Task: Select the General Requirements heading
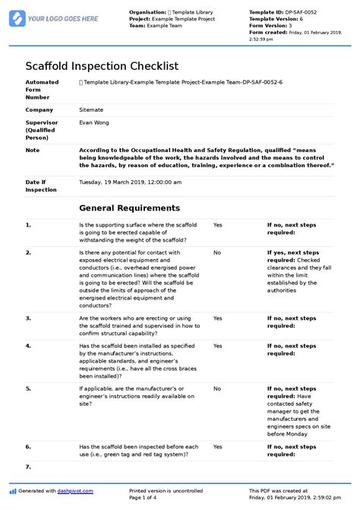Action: [x=129, y=207]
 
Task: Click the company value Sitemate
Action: [x=92, y=110]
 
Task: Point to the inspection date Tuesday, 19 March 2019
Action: [x=130, y=182]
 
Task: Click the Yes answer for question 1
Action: [x=217, y=226]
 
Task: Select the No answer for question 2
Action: [x=216, y=252]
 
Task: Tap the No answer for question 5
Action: [x=216, y=388]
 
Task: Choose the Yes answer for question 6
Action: [x=217, y=447]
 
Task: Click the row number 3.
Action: [x=28, y=318]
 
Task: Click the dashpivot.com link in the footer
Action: [x=77, y=491]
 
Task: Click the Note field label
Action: [x=32, y=150]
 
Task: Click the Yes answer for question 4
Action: [x=217, y=345]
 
